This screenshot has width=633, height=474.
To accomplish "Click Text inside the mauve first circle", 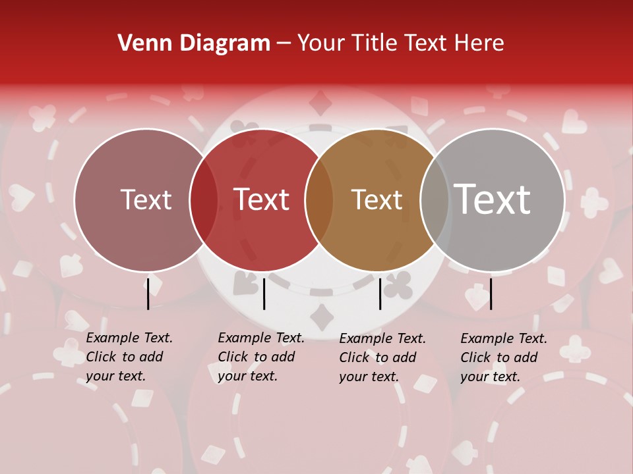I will (x=146, y=199).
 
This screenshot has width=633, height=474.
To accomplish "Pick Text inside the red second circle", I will (x=261, y=199).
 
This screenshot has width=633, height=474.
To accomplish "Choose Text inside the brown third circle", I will (x=377, y=199).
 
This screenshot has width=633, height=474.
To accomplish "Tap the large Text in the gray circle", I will (x=492, y=199).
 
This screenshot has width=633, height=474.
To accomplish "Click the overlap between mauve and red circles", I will (x=204, y=200).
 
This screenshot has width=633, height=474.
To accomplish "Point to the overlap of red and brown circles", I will (x=319, y=200).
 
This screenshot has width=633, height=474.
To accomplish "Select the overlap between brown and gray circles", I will (x=435, y=200).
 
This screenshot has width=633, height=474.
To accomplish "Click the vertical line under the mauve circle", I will (x=148, y=294).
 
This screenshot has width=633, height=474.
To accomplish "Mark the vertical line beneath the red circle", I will (x=264, y=294).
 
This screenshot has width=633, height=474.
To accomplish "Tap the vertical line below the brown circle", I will (x=380, y=294).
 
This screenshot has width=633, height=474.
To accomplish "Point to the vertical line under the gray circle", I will (x=491, y=294).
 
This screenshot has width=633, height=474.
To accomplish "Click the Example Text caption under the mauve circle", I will (x=129, y=357).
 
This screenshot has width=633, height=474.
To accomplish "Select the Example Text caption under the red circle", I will (x=261, y=357).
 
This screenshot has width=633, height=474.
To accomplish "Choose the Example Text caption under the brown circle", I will (x=382, y=357).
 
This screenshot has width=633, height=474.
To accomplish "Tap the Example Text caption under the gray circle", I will (x=504, y=357).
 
